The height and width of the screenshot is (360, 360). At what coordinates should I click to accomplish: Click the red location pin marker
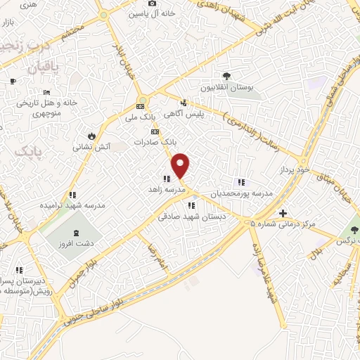click(x=181, y=165)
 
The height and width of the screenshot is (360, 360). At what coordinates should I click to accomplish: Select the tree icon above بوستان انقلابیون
click(x=226, y=76)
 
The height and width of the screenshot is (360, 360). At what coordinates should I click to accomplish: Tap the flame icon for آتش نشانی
click(x=91, y=136)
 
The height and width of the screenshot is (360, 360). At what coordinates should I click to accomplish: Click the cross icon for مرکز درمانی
click(x=283, y=213)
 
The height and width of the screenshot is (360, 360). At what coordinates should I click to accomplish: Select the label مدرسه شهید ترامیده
click(x=72, y=206)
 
